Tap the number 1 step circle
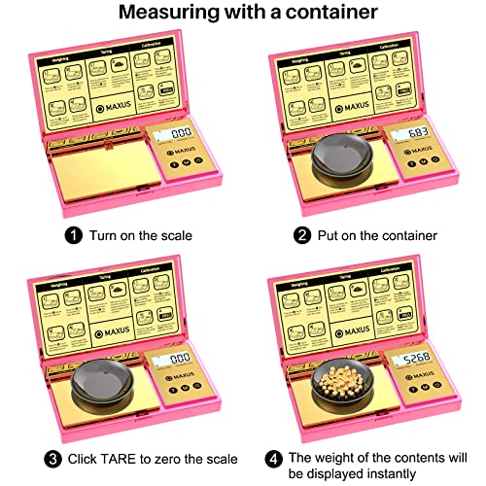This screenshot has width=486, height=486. (73, 234)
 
